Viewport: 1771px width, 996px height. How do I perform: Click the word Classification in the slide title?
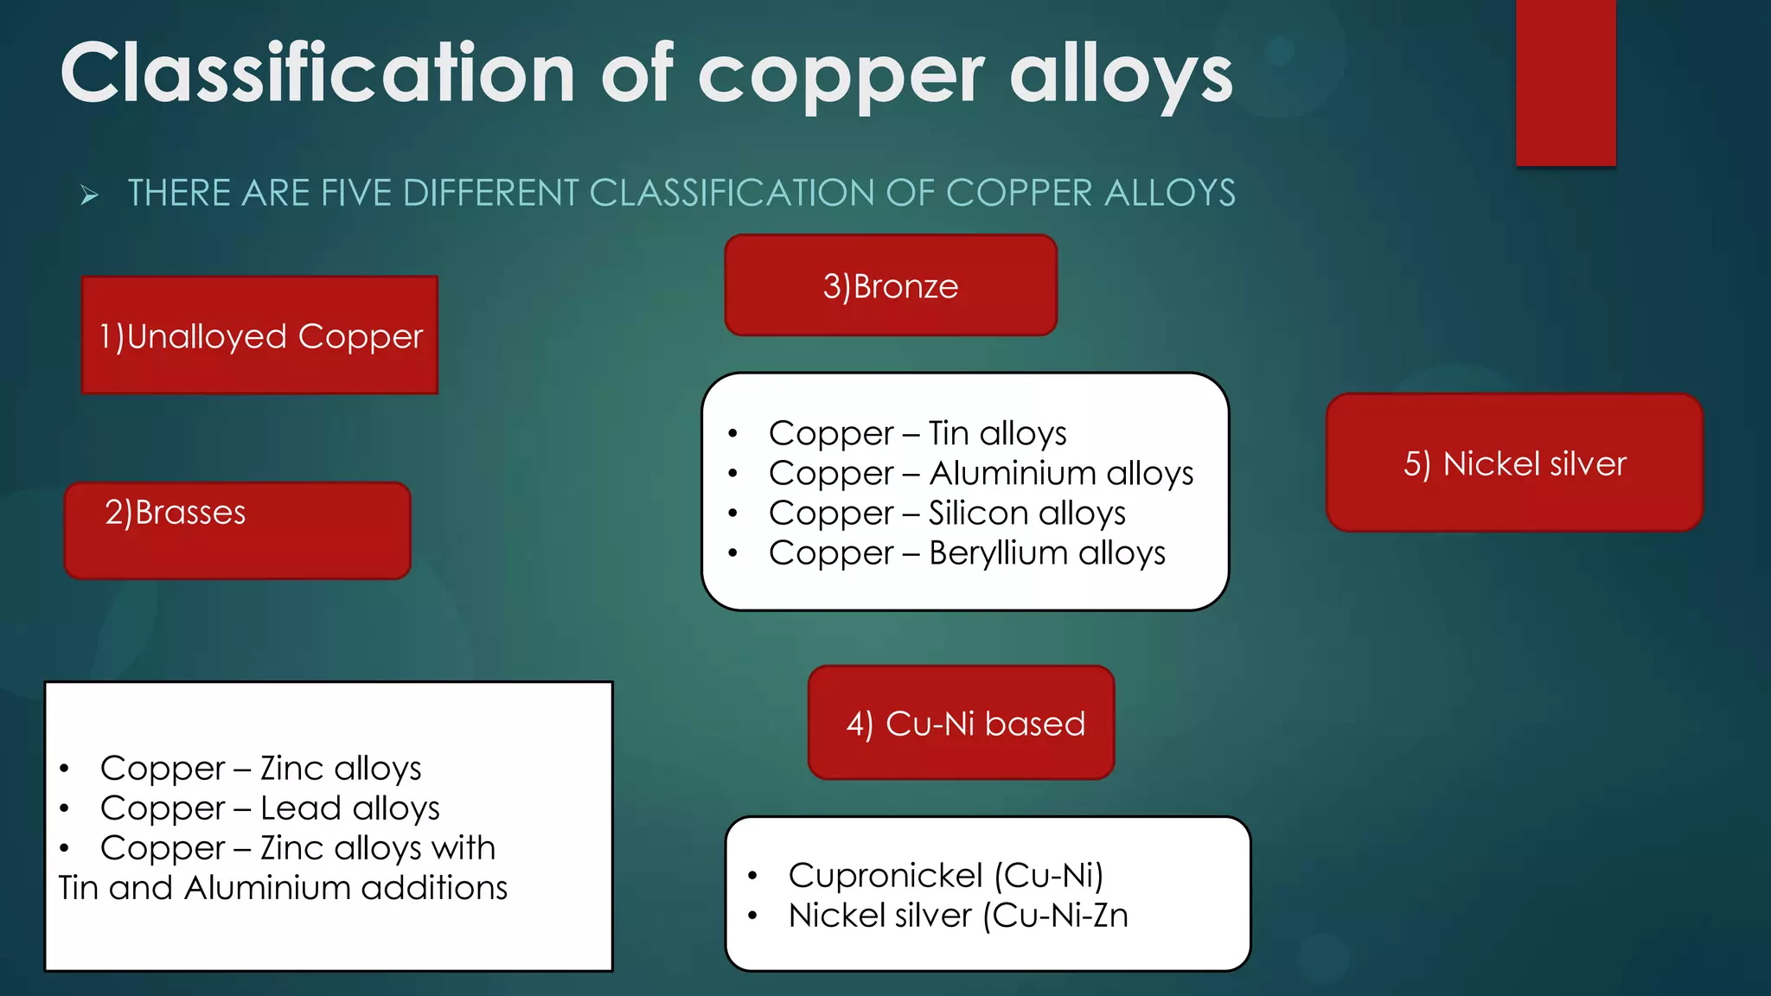tap(317, 74)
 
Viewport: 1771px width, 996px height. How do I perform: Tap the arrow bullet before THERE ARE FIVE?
tap(90, 195)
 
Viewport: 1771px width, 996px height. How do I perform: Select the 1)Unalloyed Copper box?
tap(259, 335)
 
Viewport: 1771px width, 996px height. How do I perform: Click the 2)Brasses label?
tap(176, 513)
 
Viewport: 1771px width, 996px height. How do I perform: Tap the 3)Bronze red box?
tap(891, 286)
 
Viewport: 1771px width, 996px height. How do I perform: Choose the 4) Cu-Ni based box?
tap(962, 723)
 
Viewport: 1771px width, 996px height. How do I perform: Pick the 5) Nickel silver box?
tap(1514, 463)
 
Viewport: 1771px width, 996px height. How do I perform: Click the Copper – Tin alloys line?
tap(917, 433)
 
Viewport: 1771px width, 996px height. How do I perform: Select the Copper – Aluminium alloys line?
tap(981, 473)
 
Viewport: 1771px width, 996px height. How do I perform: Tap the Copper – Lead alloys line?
tap(270, 808)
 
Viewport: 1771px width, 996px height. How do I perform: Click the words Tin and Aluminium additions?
tap(283, 888)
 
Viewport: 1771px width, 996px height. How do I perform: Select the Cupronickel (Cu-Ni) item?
tap(945, 875)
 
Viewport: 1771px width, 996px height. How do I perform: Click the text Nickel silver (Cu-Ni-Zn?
tap(957, 915)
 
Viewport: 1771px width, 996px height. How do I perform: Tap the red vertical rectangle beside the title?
tap(1565, 82)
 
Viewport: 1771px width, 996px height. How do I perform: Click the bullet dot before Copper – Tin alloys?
tap(732, 433)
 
